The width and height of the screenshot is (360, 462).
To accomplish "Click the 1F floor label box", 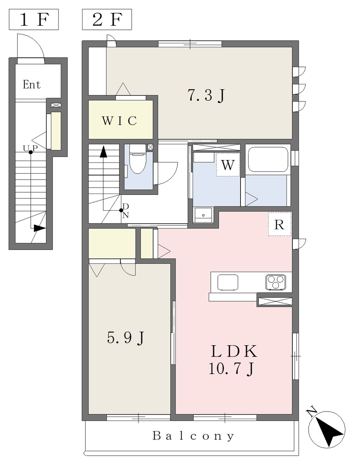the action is point(33,19).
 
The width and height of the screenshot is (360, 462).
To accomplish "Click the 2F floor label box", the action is point(106,19).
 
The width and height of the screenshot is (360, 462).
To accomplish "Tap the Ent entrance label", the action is point(32,84).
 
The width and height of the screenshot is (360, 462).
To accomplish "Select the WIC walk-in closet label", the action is point(119,121).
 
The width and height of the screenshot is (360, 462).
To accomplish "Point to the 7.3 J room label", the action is point(207,95).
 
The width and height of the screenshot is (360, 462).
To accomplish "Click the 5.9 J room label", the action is point(126,337).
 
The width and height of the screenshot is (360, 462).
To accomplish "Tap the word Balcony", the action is point(194,435).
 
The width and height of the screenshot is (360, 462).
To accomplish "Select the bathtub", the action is point(268,159).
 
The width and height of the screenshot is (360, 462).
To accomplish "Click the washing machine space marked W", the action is point(228,165).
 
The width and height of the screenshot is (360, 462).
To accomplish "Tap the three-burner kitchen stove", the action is point(276,282).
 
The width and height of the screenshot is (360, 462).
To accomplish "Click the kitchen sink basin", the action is point(228,282).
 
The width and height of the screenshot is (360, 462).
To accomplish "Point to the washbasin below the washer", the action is point(203,215).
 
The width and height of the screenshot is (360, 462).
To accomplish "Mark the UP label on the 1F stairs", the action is point(30,148).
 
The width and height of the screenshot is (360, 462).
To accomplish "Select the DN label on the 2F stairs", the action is point(125,210).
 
